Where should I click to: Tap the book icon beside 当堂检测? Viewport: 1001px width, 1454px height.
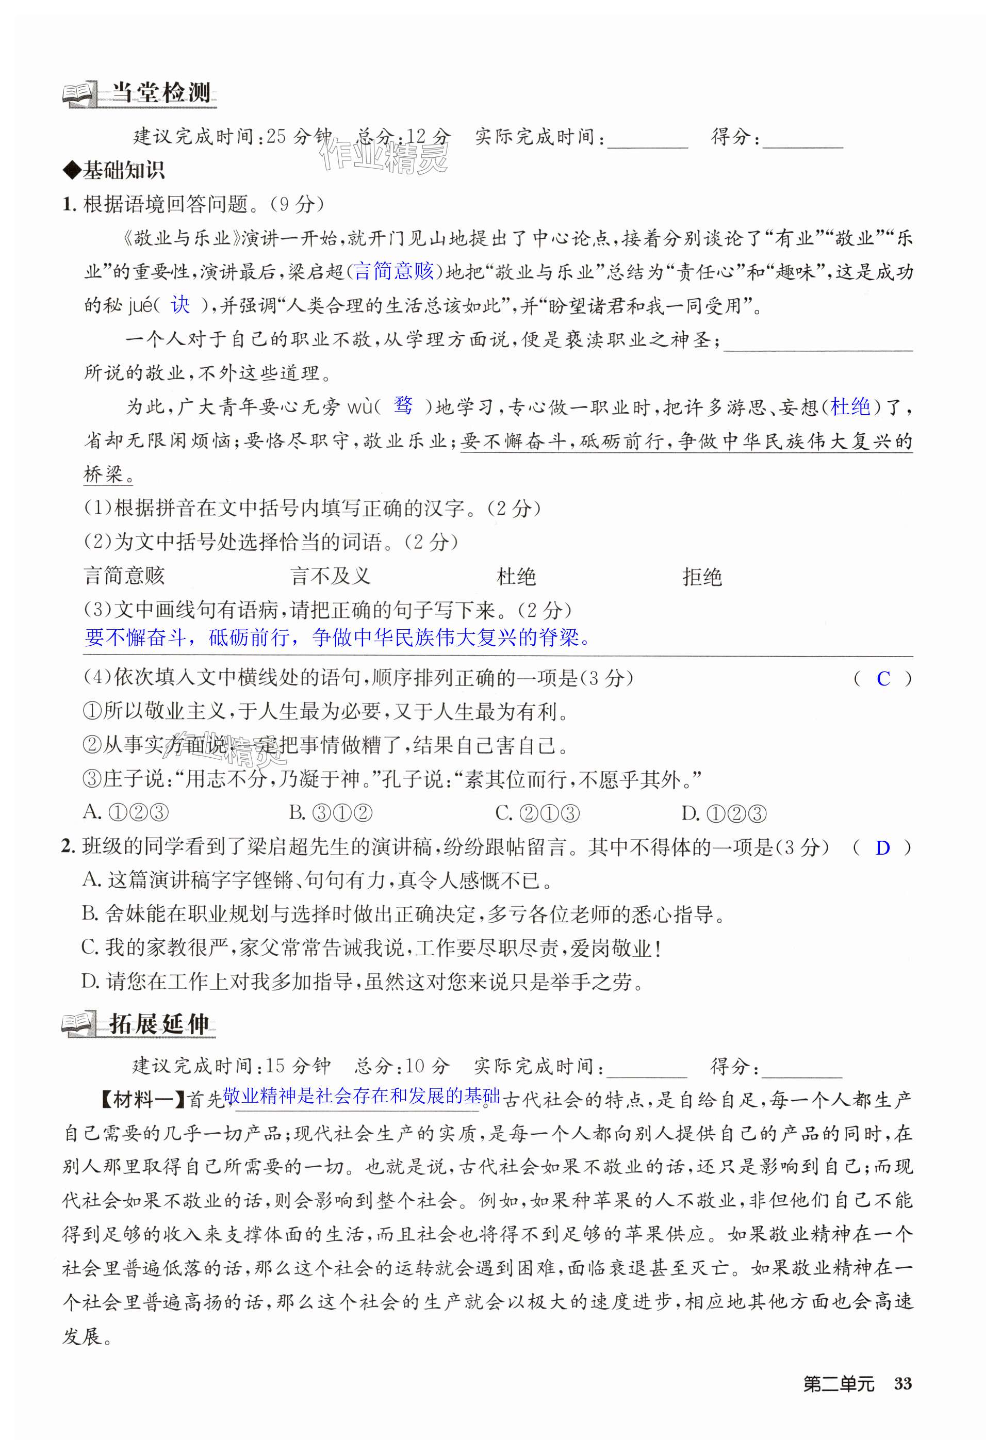coord(79,94)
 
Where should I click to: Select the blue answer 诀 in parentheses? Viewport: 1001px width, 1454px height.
coord(180,305)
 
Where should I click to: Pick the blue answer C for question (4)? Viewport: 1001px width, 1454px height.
coord(883,678)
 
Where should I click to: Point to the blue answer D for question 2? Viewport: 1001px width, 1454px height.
coord(882,848)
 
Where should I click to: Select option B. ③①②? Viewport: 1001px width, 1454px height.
coord(331,813)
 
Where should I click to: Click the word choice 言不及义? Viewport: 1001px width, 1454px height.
coord(331,576)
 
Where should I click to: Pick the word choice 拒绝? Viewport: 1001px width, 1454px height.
coord(702,576)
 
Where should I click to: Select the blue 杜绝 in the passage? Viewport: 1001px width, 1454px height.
coord(850,406)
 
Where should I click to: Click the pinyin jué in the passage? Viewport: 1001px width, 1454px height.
coord(140,305)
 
